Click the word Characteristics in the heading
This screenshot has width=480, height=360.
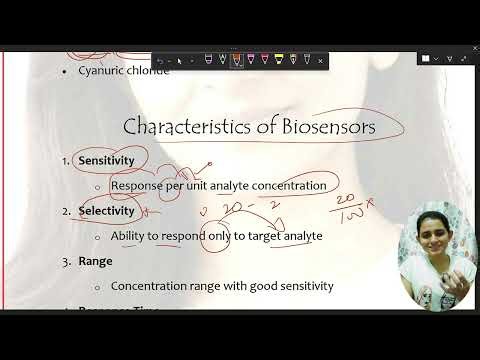click(186, 128)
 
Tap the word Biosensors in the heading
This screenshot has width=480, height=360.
click(323, 128)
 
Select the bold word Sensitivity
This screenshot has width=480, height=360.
click(107, 160)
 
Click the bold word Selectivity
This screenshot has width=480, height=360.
click(106, 211)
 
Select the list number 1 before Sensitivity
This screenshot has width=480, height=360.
click(65, 160)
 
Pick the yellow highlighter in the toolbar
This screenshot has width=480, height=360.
click(278, 59)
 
